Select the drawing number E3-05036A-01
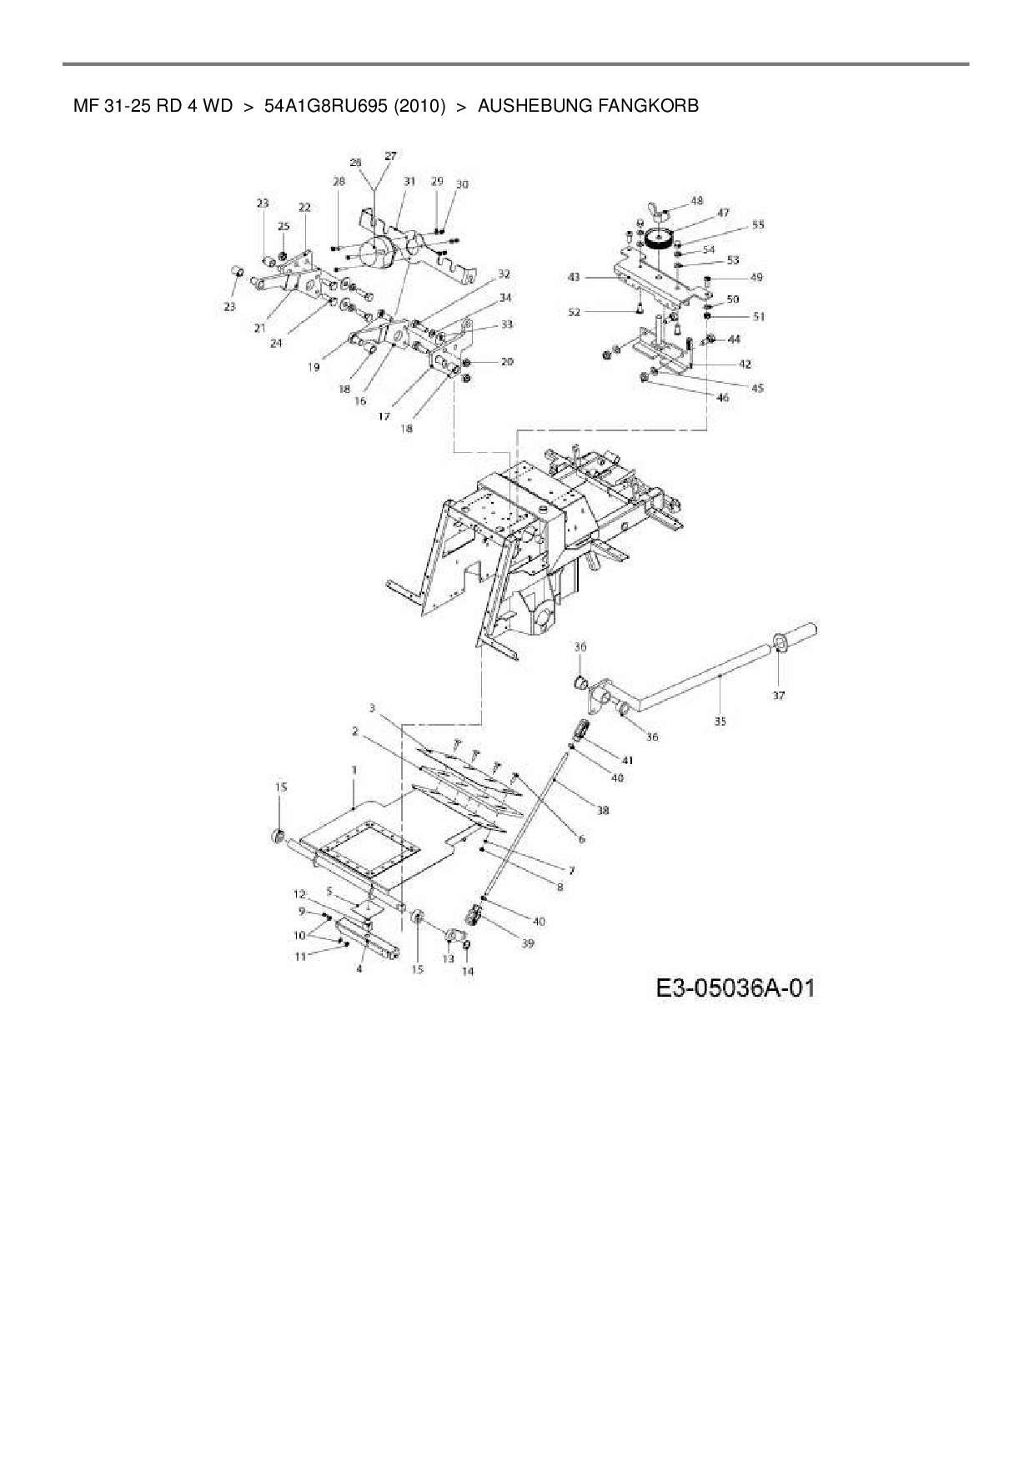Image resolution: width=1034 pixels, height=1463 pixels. (x=735, y=988)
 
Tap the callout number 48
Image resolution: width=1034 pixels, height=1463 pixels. (x=697, y=201)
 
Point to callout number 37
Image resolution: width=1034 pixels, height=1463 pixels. (x=778, y=695)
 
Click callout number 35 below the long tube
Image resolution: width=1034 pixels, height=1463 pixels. (x=720, y=721)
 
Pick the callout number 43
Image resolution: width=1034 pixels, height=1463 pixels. (x=574, y=276)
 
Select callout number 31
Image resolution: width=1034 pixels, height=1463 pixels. (x=409, y=181)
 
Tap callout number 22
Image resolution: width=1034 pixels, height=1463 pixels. (x=304, y=208)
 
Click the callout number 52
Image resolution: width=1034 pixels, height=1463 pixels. (x=574, y=312)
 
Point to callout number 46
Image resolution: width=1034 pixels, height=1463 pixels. (x=722, y=398)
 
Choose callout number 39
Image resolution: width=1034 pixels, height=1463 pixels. (x=528, y=943)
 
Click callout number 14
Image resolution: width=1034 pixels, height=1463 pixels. (x=468, y=971)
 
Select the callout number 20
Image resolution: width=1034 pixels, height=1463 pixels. (x=507, y=361)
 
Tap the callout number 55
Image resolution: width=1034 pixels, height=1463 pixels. (x=757, y=224)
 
